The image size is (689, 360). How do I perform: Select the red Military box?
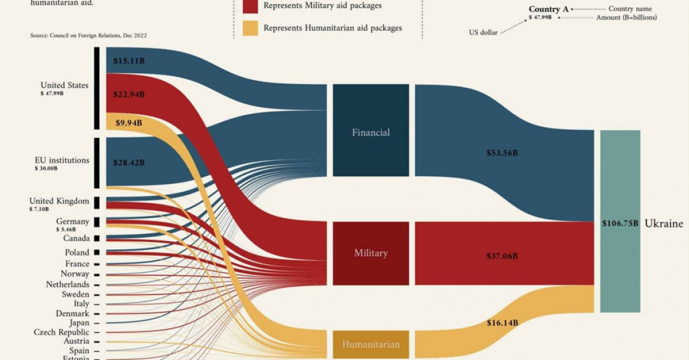coord(371,253)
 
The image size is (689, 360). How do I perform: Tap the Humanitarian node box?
coord(371,344)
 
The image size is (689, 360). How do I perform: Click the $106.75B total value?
coord(620,223)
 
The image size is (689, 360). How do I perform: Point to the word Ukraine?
coord(664,223)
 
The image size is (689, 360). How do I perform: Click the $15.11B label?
coord(129,60)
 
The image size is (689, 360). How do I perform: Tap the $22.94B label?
coord(129,94)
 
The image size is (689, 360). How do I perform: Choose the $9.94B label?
coord(129,122)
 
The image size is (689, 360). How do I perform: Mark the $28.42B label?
coord(129,162)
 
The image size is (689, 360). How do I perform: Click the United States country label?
coord(64,86)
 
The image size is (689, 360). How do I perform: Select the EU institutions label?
coord(61,160)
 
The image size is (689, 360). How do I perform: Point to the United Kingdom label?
coord(59,201)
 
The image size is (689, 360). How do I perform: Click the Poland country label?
coord(77,253)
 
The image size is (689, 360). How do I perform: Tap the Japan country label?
coord(78,323)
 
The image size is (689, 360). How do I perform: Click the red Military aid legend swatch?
coord(250,6)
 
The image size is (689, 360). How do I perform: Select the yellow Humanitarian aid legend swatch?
coord(250,28)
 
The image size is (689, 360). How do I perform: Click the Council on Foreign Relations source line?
coord(88,36)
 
